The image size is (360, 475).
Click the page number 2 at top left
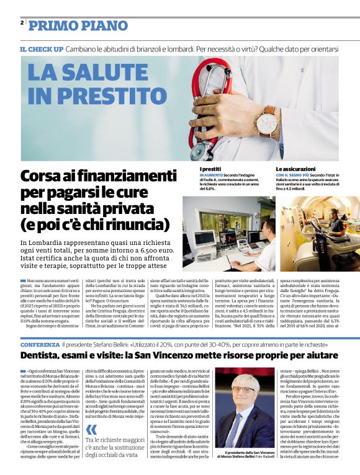pyautogui.click(x=22, y=22)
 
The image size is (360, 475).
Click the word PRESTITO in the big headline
pyautogui.click(x=98, y=95)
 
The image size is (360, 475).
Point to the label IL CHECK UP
pyautogui.click(x=41, y=48)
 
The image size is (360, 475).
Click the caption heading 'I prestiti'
pyautogui.click(x=210, y=169)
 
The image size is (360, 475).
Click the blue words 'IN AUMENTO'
pyautogui.click(x=212, y=175)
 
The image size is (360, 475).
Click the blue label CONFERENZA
pyautogui.click(x=40, y=344)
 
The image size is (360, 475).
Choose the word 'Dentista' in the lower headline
pyautogui.click(x=43, y=355)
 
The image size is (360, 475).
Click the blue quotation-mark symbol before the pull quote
pyautogui.click(x=91, y=430)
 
